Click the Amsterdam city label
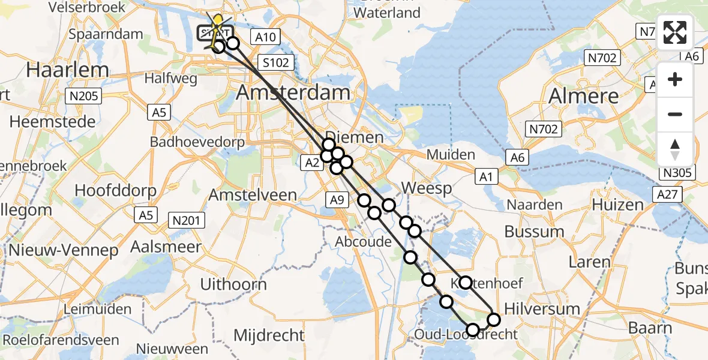pyautogui.click(x=293, y=92)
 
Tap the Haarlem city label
pyautogui.click(x=67, y=70)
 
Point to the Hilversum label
pyautogui.click(x=542, y=309)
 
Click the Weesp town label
pyautogui.click(x=426, y=188)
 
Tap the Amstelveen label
pyautogui.click(x=253, y=195)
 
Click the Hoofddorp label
pyautogui.click(x=115, y=191)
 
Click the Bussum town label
pyautogui.click(x=534, y=231)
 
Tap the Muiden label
pyautogui.click(x=451, y=155)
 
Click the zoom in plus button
pyautogui.click(x=675, y=79)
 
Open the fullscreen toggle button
pyautogui.click(x=675, y=33)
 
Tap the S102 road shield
pyautogui.click(x=275, y=62)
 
